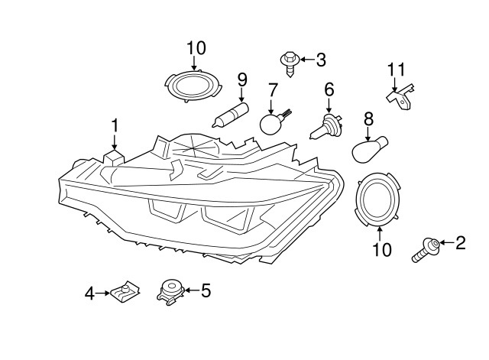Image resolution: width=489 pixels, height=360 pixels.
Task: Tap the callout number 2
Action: (x=460, y=244)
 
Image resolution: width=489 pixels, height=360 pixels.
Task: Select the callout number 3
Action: (x=321, y=58)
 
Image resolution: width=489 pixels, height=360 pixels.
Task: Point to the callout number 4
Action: (x=89, y=293)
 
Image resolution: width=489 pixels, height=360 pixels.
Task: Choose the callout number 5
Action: (x=205, y=290)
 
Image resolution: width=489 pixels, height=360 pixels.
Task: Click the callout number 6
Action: (x=329, y=90)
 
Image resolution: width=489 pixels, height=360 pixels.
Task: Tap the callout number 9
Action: (x=242, y=79)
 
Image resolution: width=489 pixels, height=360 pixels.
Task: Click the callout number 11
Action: (x=395, y=70)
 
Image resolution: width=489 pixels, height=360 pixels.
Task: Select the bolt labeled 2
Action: (x=426, y=248)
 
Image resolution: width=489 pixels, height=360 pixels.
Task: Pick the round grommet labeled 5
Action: (x=170, y=291)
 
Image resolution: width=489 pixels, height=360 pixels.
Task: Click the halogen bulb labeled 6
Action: (x=330, y=125)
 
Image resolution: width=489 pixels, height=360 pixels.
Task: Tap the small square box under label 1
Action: (x=114, y=156)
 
